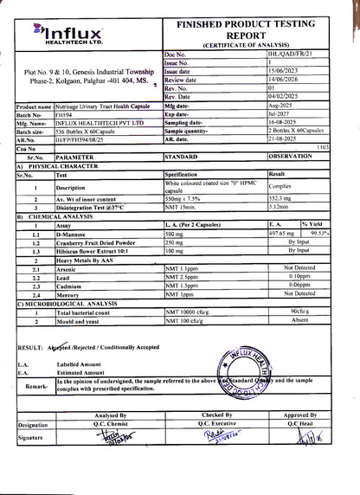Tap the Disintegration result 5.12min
coord(282,208)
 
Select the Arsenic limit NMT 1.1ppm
coord(180,269)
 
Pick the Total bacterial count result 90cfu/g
coord(300,310)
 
